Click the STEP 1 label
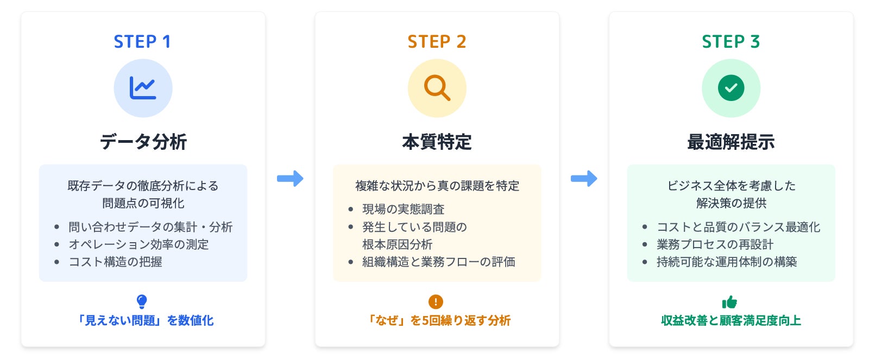point(142,42)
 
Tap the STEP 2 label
point(437,42)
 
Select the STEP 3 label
point(731,42)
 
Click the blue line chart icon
point(143,88)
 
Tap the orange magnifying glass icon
point(437,88)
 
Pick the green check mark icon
point(731,88)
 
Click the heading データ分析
point(143,142)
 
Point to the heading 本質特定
point(437,142)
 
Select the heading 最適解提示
point(731,142)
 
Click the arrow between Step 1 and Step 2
point(290,178)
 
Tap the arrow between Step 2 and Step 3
point(584,178)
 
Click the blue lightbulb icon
point(142,301)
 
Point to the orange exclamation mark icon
point(436,301)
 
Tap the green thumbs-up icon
point(729,302)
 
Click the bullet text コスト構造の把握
point(115,262)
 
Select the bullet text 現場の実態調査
point(404,209)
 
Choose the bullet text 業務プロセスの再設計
point(715,244)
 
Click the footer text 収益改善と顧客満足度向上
point(731,320)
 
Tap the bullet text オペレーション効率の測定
point(138,244)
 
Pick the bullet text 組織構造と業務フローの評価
point(439,262)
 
